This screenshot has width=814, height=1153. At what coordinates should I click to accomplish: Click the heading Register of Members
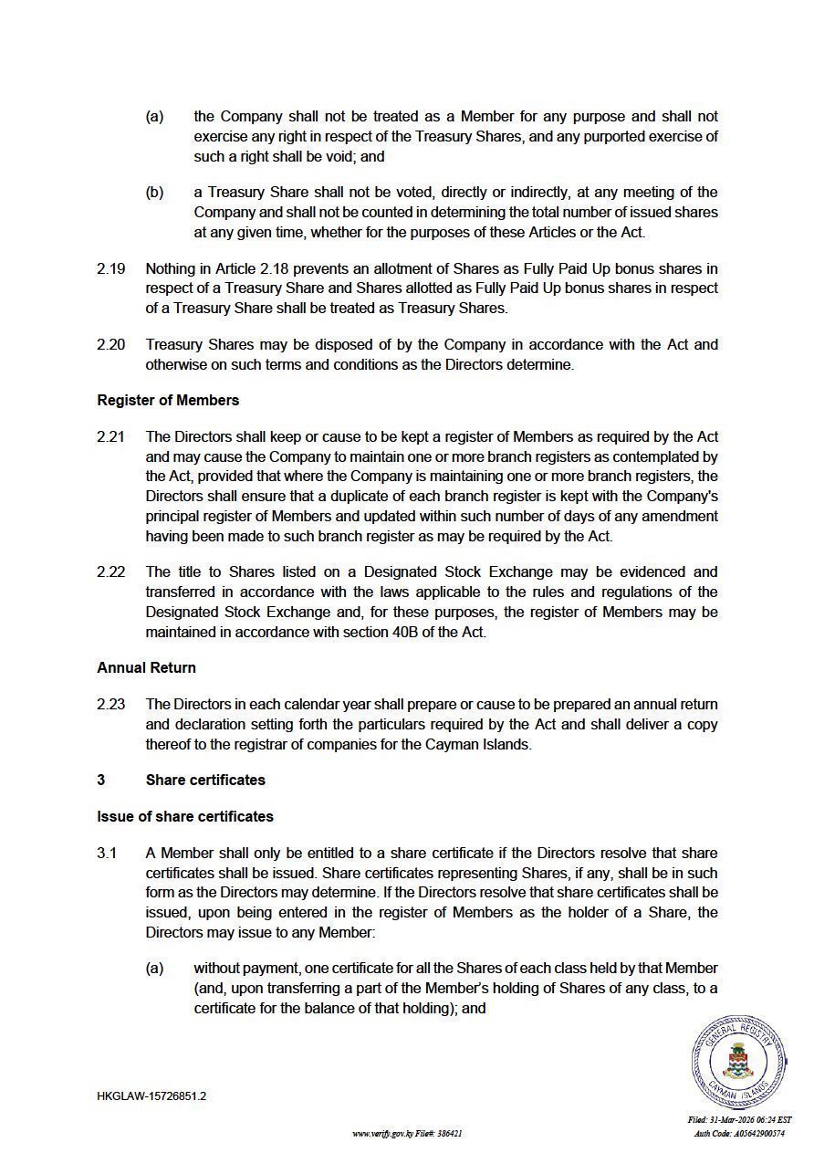(168, 400)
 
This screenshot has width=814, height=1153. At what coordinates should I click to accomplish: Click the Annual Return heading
(146, 667)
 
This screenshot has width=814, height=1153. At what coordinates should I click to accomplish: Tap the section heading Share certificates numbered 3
(205, 780)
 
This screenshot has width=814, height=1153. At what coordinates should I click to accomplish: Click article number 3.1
(107, 854)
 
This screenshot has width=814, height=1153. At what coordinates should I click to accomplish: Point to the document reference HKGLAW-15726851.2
(151, 1095)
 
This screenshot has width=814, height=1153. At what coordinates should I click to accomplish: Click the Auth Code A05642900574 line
(739, 1133)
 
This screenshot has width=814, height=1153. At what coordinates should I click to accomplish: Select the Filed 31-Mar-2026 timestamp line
(739, 1119)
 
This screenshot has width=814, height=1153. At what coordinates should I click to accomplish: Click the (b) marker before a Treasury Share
(154, 193)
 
